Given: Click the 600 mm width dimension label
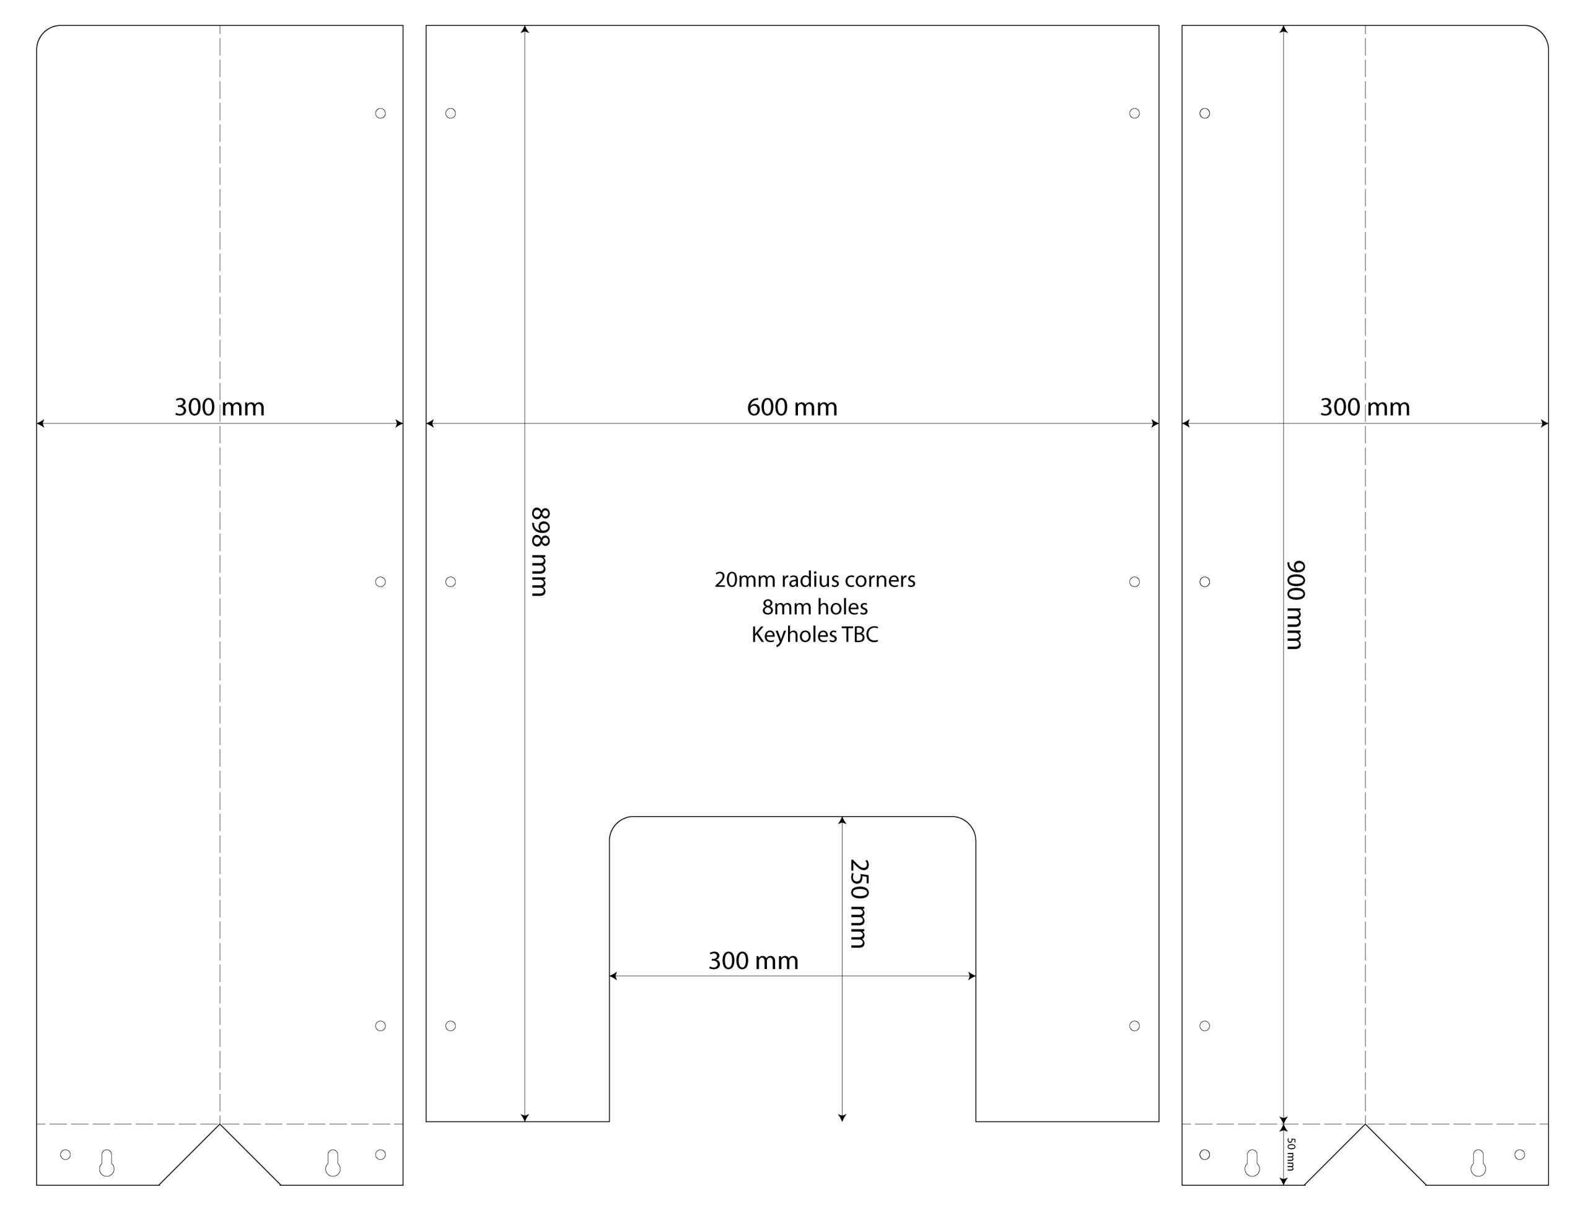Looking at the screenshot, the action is pos(792,407).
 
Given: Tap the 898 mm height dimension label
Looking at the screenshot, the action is pos(540,552).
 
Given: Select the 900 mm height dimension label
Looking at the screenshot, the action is pos(1295,605).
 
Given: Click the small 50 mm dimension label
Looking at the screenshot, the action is pos(1290,1154).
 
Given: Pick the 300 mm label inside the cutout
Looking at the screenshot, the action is pos(753,960).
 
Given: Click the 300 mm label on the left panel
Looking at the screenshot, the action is pos(219,407).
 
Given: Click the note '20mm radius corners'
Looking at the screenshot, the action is pos(815,580).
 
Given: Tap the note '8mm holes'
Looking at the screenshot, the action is pos(815,607).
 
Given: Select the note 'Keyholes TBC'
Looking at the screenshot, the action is pos(815,635).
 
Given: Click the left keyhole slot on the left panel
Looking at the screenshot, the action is pos(107,1162).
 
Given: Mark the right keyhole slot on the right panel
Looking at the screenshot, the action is pos(1478,1162).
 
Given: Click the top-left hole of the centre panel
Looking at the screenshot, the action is pos(450,113).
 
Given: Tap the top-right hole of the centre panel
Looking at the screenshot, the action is pos(1134,113).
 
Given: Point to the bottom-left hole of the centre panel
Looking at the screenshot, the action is pos(450,1026).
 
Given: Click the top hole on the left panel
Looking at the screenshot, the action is pos(380,113).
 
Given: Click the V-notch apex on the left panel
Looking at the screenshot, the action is pos(220,1124).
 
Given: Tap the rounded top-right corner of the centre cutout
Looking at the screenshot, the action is pos(969,824).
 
